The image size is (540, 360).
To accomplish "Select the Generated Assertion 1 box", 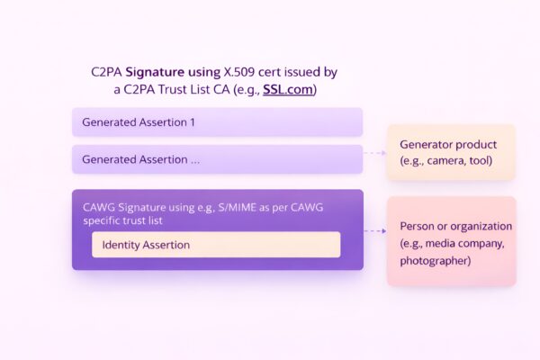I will click(x=217, y=121).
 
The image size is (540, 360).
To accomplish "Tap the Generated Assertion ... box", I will click(x=217, y=159).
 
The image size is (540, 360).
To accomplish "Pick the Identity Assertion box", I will click(x=216, y=245).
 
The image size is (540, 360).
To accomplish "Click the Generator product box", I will click(x=451, y=152).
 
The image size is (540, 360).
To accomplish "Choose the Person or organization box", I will click(x=451, y=241).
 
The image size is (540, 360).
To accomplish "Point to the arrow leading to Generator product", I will click(x=374, y=153).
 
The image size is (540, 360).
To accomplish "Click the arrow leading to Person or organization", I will click(x=374, y=231).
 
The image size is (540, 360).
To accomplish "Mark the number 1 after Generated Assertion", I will click(x=192, y=121).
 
